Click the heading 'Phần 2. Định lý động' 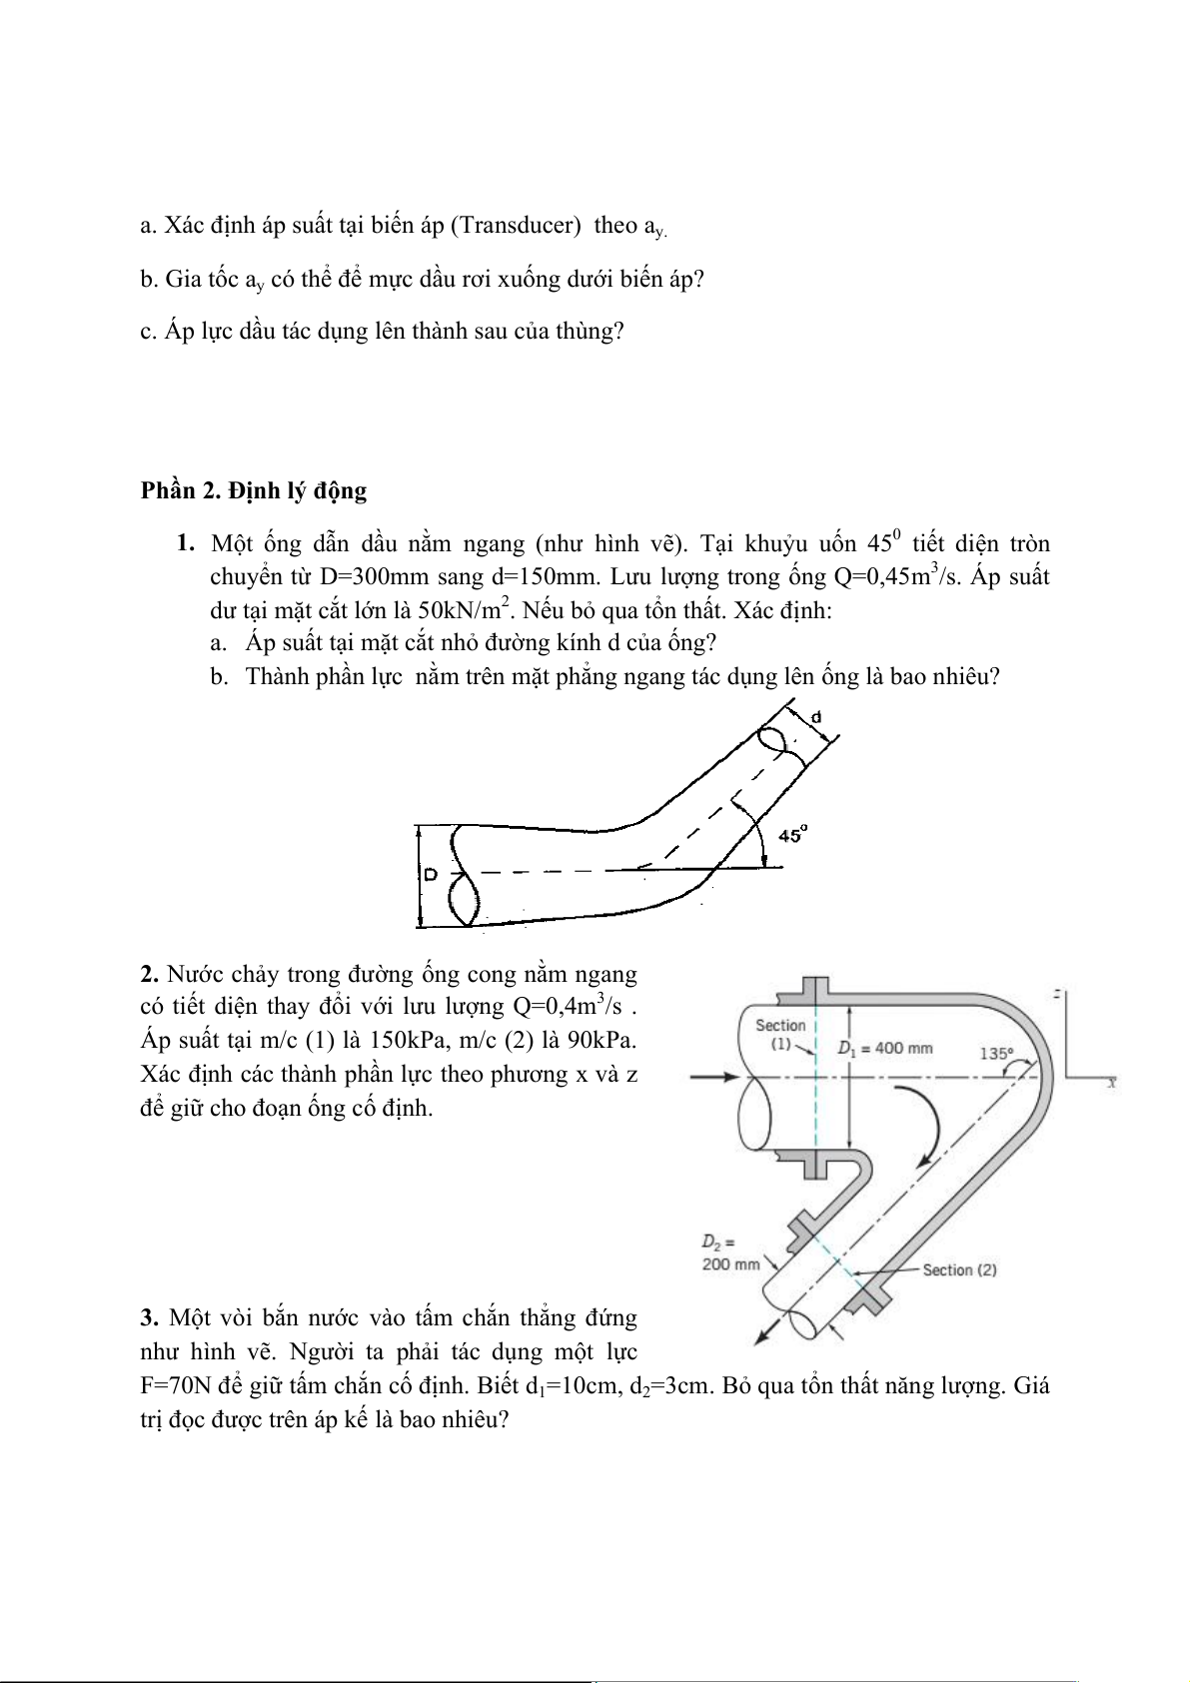(x=254, y=490)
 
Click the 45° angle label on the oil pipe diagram (x=792, y=835)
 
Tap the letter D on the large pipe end (x=431, y=875)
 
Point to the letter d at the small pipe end (x=815, y=716)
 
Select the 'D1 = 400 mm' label (x=884, y=1048)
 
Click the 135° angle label (x=996, y=1052)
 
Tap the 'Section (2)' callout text (x=959, y=1269)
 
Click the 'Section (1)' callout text (x=780, y=1035)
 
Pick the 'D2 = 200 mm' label (x=731, y=1254)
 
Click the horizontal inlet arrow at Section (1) (x=715, y=1077)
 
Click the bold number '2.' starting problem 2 (x=151, y=974)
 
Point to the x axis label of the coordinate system (x=1110, y=1083)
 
